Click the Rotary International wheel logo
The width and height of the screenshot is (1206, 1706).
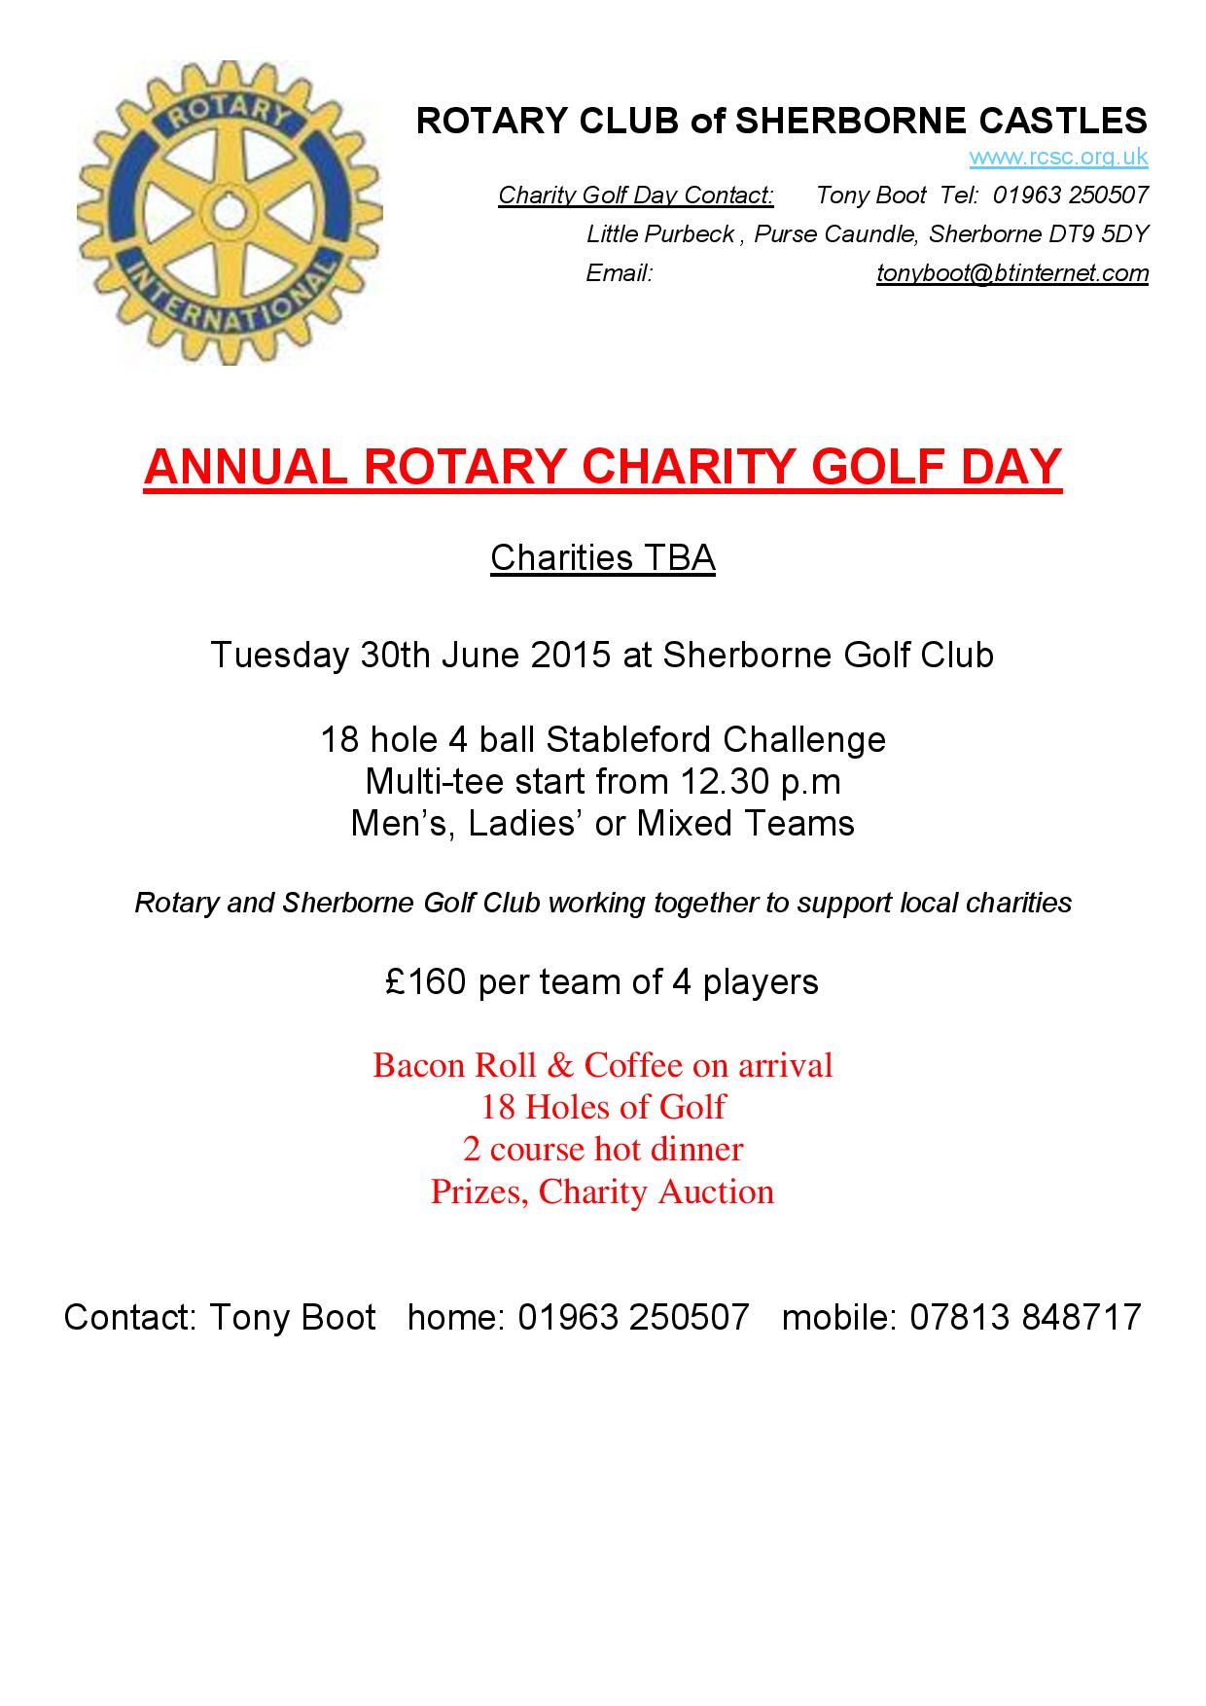[230, 213]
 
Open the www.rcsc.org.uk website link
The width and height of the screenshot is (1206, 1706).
[1058, 157]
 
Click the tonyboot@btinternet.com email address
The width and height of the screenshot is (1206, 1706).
[1012, 273]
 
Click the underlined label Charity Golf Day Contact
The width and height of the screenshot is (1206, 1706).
[636, 195]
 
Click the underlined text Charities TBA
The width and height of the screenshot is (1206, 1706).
[603, 558]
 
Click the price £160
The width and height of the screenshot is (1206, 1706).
[423, 981]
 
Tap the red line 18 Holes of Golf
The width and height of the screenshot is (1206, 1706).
[603, 1107]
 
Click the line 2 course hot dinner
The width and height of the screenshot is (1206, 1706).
[603, 1149]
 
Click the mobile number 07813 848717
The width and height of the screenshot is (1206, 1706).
[1025, 1317]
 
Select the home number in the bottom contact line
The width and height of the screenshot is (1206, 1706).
[633, 1317]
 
